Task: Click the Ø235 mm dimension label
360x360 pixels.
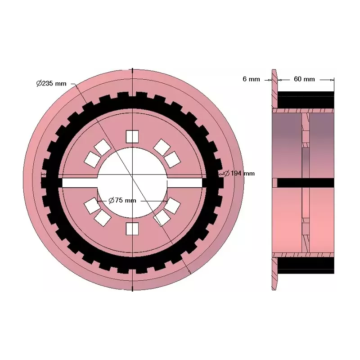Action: (51, 83)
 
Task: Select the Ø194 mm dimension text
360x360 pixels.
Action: (239, 173)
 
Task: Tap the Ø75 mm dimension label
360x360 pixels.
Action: (122, 200)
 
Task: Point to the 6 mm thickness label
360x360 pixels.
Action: (251, 79)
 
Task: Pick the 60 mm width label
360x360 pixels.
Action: (304, 79)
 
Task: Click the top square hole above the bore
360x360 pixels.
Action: (132, 136)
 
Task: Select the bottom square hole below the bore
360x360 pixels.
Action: (132, 229)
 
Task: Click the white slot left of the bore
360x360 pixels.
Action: (80, 183)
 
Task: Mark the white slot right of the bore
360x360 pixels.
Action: (185, 183)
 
